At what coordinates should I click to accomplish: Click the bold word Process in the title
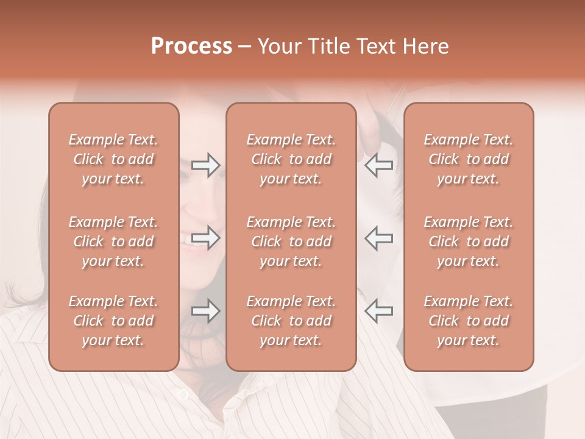point(191,46)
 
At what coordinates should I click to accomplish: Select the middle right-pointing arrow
point(205,238)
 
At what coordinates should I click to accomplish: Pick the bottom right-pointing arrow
point(205,311)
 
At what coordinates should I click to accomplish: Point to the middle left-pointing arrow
point(379,238)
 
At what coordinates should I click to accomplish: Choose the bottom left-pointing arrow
point(379,311)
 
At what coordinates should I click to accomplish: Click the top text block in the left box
point(113,159)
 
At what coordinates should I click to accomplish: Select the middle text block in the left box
point(113,241)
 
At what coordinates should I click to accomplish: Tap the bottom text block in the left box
point(113,321)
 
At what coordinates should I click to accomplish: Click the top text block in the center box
point(291,159)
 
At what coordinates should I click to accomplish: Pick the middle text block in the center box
point(291,241)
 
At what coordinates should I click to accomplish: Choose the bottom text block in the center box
point(291,321)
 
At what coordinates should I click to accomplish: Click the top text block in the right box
point(468,159)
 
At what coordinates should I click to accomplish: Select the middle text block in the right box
point(468,241)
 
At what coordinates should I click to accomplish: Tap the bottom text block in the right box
point(468,321)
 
